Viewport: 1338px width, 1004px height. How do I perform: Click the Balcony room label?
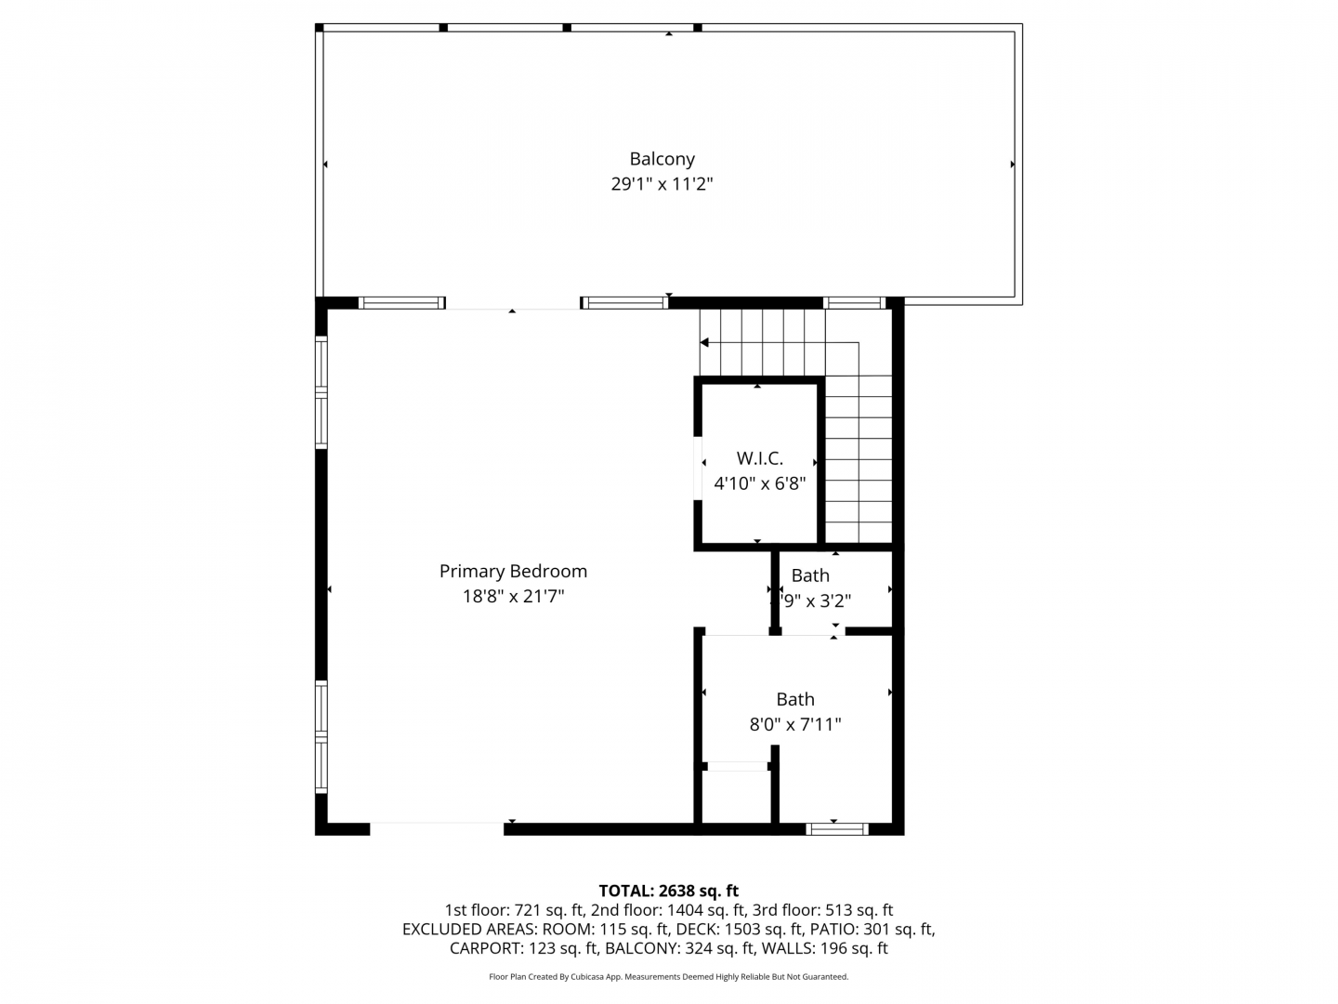(x=662, y=159)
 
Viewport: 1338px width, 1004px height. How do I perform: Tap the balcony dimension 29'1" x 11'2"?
(x=662, y=184)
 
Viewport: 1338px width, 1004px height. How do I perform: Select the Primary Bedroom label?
(x=513, y=572)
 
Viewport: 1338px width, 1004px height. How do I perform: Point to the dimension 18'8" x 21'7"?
(x=513, y=596)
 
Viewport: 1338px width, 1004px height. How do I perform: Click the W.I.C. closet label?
(x=759, y=458)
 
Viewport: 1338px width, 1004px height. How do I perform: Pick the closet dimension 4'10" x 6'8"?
(x=759, y=484)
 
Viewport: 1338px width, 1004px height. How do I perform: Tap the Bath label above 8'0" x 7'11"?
(x=794, y=699)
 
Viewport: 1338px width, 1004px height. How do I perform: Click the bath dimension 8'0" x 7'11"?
(x=794, y=725)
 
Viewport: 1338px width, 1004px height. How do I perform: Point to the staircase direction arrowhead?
(x=704, y=343)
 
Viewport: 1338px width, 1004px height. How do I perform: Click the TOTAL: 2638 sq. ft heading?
(x=669, y=892)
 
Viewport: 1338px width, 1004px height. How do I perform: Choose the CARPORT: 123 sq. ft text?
(x=524, y=948)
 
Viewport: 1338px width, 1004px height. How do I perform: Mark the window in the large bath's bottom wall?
(x=837, y=829)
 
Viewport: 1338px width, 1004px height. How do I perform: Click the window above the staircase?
(x=854, y=303)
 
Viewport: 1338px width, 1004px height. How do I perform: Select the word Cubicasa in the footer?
(x=587, y=977)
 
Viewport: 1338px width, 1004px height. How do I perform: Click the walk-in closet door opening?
(x=698, y=469)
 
